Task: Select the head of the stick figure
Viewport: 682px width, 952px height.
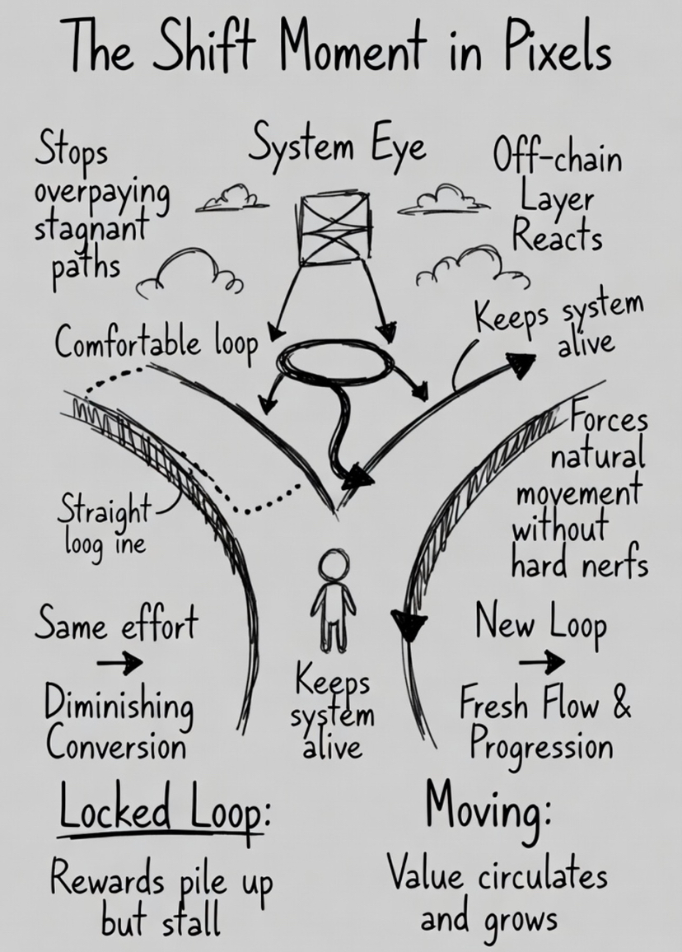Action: (x=334, y=567)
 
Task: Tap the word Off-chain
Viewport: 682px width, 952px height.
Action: (x=558, y=157)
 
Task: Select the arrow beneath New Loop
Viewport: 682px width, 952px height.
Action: (x=543, y=660)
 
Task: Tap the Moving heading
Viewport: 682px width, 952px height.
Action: (x=487, y=809)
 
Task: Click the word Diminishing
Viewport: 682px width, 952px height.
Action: (x=119, y=708)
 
